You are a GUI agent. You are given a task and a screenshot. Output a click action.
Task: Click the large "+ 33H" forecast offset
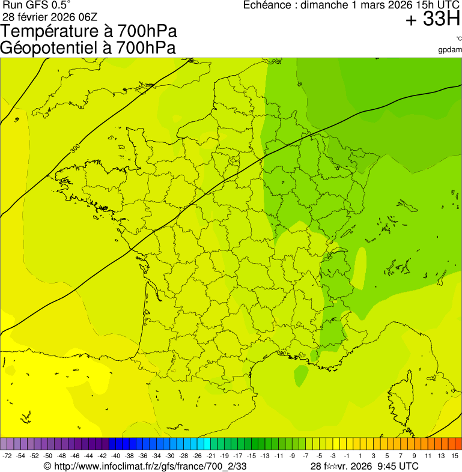(x=433, y=20)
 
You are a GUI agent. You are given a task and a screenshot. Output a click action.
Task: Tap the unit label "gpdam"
(x=450, y=49)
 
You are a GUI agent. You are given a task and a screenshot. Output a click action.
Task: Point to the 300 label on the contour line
(x=74, y=148)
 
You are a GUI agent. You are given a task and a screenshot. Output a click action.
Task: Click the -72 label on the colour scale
(x=7, y=456)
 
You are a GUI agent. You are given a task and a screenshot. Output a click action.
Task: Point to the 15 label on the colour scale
(x=455, y=456)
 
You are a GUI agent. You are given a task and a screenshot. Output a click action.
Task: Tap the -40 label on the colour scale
(x=115, y=456)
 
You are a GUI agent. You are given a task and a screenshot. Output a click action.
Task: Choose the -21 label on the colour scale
(x=210, y=456)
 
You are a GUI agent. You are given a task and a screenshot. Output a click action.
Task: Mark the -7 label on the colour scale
(x=305, y=456)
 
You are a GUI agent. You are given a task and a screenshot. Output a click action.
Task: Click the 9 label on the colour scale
(x=414, y=456)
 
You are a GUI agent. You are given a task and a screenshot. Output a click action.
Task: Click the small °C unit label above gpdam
(x=458, y=40)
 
